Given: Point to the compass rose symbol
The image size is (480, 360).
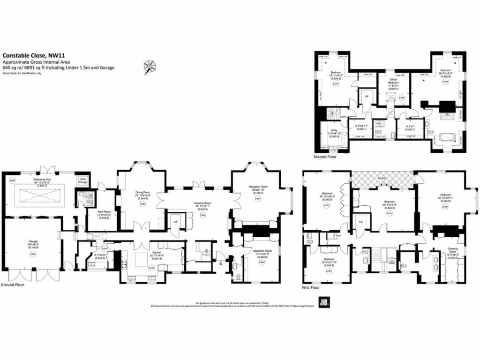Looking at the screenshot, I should click(x=150, y=66).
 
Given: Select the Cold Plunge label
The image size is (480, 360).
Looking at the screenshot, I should click(x=83, y=180).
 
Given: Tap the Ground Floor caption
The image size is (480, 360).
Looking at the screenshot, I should click(x=12, y=285).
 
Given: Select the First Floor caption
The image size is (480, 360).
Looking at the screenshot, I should click(x=311, y=287).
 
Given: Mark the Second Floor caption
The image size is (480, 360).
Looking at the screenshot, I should click(x=325, y=157).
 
